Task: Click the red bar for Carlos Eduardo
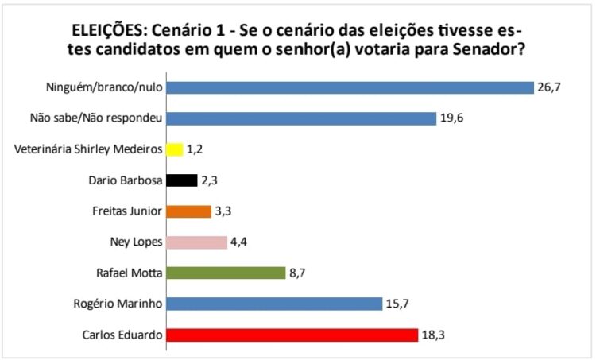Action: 291,335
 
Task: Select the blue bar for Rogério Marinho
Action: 273,304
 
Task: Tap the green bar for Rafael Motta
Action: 225,273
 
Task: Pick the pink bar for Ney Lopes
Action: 195,242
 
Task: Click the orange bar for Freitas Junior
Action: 188,211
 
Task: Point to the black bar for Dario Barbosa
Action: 181,180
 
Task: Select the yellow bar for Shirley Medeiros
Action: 174,149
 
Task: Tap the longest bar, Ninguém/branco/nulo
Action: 349,87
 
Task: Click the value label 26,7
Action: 550,87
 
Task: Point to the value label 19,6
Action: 453,118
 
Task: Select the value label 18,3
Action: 434,335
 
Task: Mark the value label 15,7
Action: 398,304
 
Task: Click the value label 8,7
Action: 299,273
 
